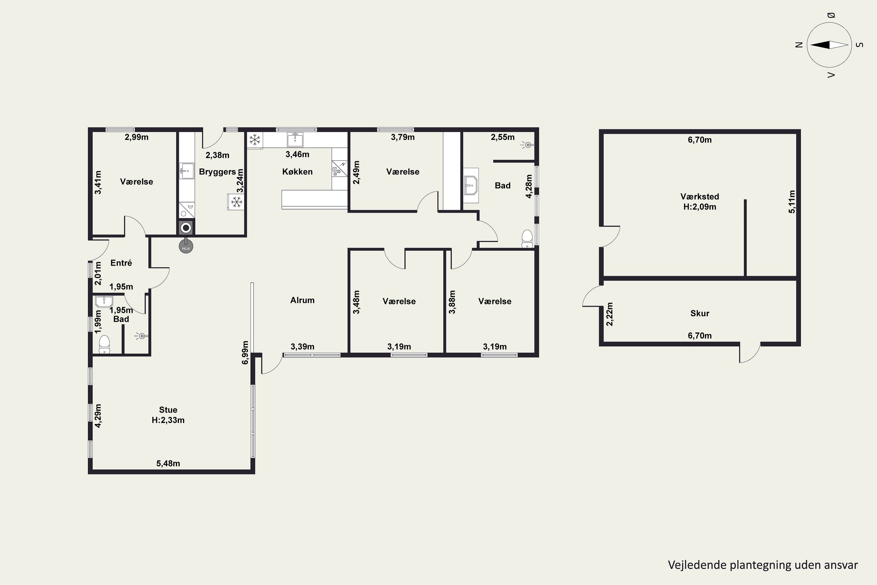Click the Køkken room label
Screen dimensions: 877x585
[297, 172]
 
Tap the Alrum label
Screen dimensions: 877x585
[302, 300]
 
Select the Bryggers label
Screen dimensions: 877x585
[217, 172]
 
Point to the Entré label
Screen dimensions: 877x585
[121, 263]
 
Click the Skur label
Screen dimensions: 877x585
[700, 313]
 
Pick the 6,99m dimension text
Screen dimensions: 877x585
[245, 352]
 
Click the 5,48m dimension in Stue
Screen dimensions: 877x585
[168, 463]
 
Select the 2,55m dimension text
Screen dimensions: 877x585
[503, 137]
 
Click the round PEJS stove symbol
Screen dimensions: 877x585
[186, 247]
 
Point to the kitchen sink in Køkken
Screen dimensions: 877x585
[295, 140]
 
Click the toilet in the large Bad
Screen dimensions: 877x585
[527, 238]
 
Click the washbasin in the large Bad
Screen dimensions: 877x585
[471, 185]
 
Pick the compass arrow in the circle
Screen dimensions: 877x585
[829, 45]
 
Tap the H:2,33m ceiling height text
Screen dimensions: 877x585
[168, 420]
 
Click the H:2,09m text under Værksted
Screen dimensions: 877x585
[700, 207]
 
